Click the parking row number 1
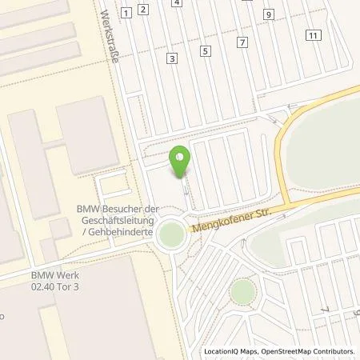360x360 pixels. pyautogui.click(x=126, y=12)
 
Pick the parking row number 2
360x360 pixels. pyautogui.click(x=142, y=10)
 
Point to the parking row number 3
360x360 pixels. pyautogui.click(x=171, y=58)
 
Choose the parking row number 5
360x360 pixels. pyautogui.click(x=206, y=51)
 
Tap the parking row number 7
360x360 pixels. pyautogui.click(x=242, y=41)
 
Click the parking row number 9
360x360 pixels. pyautogui.click(x=269, y=14)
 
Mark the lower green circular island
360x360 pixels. pyautogui.click(x=242, y=290)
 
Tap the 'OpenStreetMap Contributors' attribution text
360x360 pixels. pyautogui.click(x=310, y=351)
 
